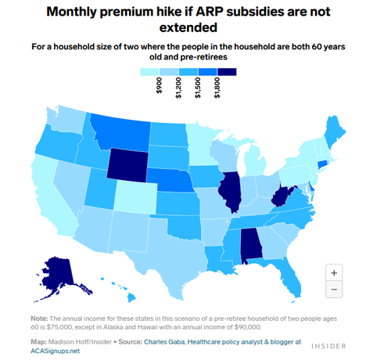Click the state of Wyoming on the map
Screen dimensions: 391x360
[127, 165]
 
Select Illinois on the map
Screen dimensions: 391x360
[230, 190]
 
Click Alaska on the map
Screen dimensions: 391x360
[57, 276]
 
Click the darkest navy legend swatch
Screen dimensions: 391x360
[227, 72]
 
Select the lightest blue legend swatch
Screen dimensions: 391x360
[149, 72]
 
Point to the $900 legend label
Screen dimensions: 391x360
[159, 85]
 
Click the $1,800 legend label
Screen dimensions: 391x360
[217, 88]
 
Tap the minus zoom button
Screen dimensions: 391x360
[334, 290]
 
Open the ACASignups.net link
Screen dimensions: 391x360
[56, 351]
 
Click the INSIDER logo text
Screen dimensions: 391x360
[328, 346]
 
